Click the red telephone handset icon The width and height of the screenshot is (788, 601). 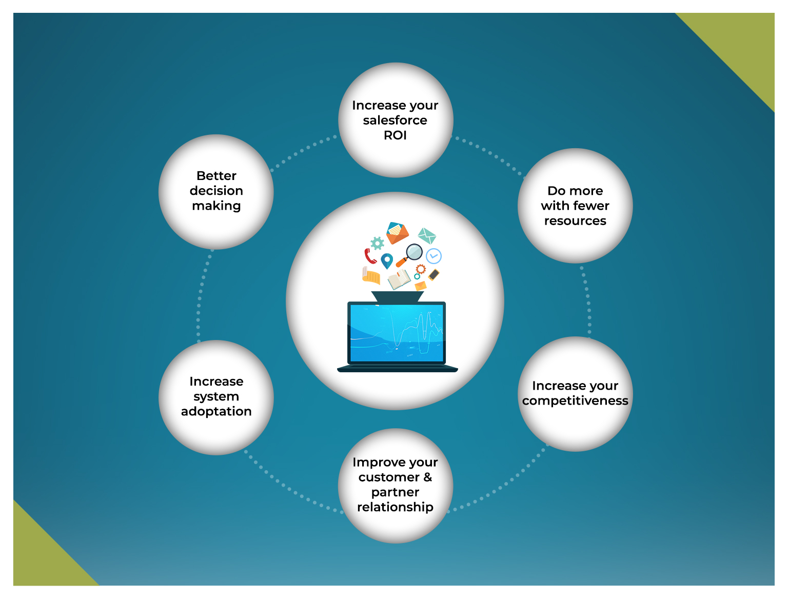[x=370, y=256]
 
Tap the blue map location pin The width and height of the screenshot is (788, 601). [x=387, y=261]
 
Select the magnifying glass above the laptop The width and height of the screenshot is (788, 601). [x=412, y=253]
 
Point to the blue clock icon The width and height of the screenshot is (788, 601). [x=434, y=255]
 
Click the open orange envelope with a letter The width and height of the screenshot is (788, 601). [x=397, y=232]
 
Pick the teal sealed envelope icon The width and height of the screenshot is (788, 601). [x=427, y=235]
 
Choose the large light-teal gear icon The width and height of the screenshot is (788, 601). [x=377, y=243]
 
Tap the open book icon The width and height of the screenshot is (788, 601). [x=399, y=279]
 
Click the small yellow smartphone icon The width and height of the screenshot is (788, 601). [x=434, y=275]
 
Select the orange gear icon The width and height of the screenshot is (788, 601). [x=421, y=269]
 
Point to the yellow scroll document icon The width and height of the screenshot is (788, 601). [x=371, y=275]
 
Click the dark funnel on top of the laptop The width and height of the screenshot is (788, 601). [x=397, y=297]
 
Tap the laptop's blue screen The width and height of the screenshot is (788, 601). [x=397, y=332]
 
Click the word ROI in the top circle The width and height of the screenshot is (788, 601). [x=395, y=135]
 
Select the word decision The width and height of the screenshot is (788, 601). [x=216, y=191]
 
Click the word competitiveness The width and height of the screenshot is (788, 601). [x=575, y=400]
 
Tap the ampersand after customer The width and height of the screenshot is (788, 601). [x=427, y=477]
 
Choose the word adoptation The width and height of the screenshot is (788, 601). [x=216, y=411]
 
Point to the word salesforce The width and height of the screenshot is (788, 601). [x=395, y=121]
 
